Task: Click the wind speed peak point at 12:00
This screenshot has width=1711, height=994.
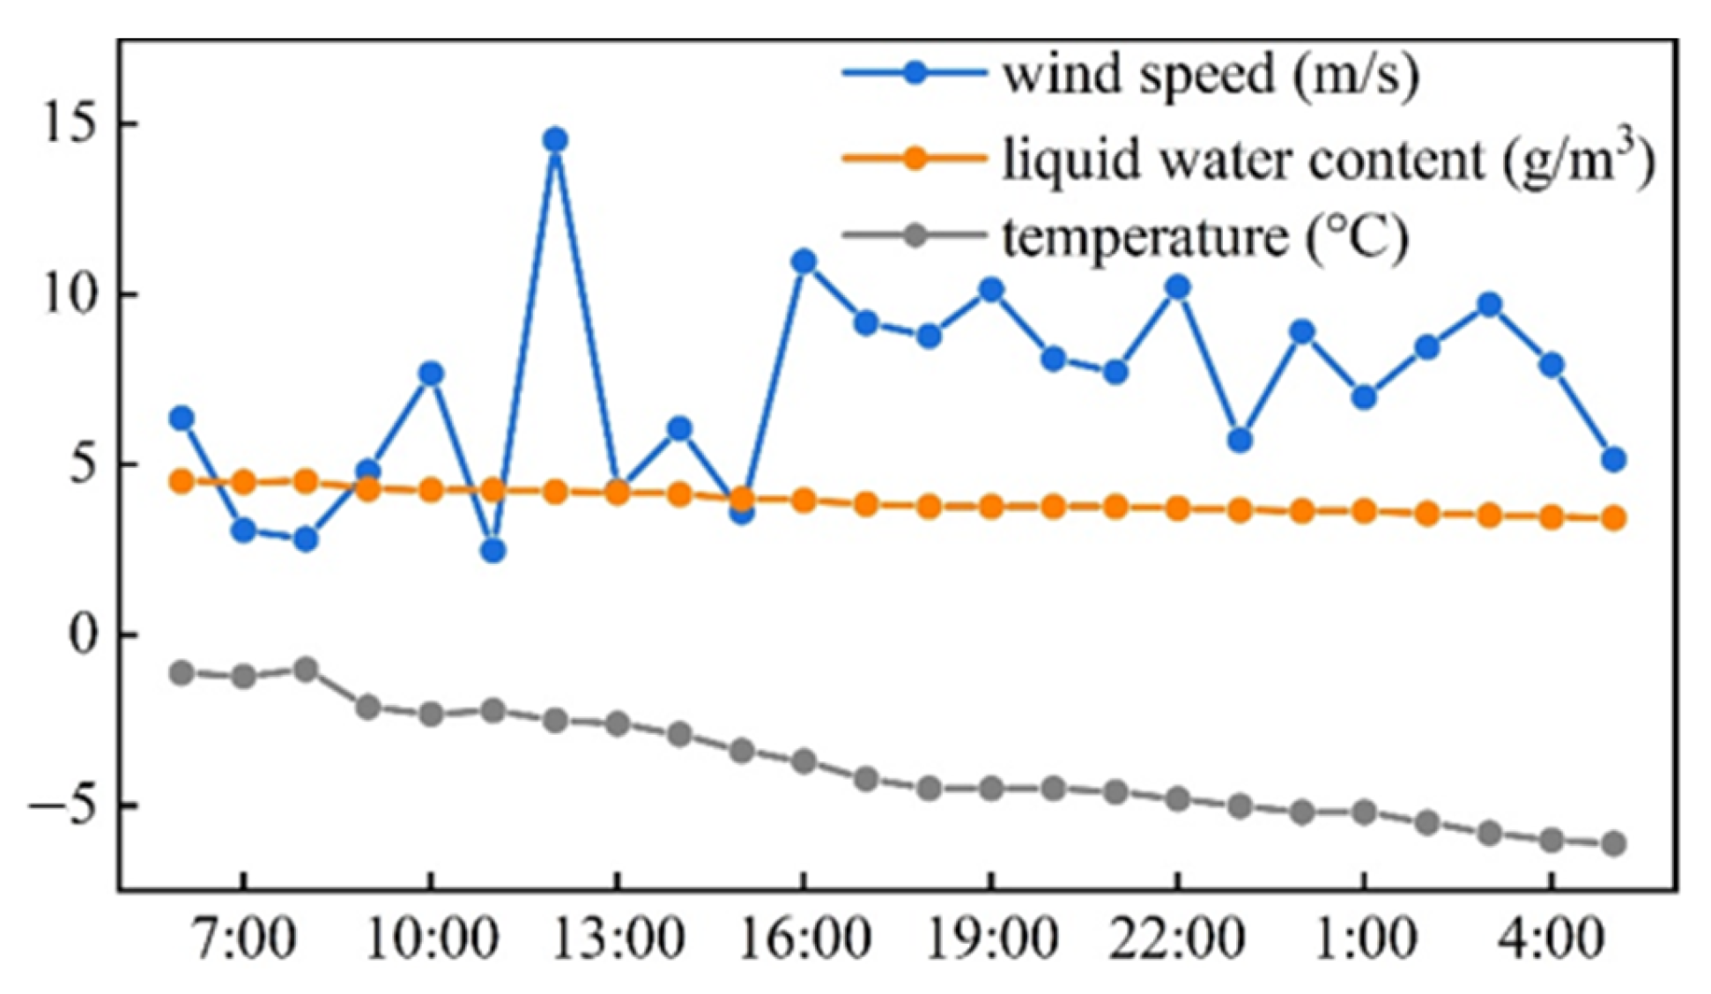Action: (555, 140)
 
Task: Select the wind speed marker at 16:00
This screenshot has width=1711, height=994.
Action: (804, 262)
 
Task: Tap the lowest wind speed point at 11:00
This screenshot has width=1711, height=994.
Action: (493, 551)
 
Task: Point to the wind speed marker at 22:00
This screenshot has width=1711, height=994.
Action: (1177, 287)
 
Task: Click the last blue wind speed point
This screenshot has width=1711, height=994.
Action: (1613, 459)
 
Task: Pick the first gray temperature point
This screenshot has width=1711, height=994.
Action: (181, 673)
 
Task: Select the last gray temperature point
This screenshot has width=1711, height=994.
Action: (1613, 844)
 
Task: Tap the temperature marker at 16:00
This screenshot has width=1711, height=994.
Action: (804, 761)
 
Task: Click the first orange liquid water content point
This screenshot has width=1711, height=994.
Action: (181, 481)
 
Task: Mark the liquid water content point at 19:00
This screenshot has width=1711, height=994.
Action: (991, 507)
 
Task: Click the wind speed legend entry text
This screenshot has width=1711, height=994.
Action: (1211, 74)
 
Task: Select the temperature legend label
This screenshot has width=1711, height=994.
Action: (1205, 236)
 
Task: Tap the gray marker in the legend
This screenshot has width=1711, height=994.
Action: (915, 235)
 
